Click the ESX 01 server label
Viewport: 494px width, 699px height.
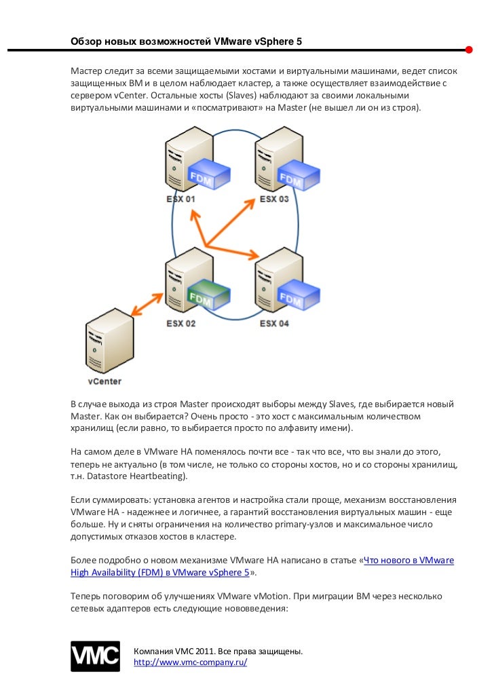[180, 199]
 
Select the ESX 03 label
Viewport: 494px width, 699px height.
[274, 199]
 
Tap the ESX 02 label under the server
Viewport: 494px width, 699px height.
[180, 323]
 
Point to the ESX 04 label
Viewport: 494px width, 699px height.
[274, 323]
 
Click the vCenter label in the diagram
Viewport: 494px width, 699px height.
[104, 381]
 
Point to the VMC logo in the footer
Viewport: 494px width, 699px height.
[96, 656]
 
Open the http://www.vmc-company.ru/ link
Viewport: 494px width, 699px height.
[191, 662]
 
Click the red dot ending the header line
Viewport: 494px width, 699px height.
[469, 50]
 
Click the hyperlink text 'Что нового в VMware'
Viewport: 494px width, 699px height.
[408, 561]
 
